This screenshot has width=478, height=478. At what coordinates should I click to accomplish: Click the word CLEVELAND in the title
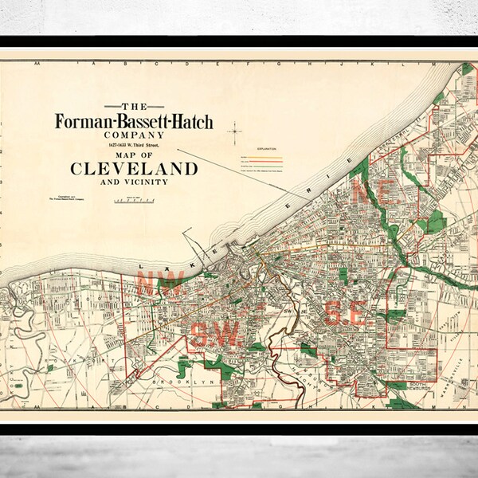click(135, 168)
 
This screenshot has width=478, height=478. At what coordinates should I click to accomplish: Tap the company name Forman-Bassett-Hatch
click(135, 122)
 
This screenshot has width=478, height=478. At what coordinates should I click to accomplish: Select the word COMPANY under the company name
click(135, 135)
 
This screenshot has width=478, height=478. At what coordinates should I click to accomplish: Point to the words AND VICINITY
click(135, 182)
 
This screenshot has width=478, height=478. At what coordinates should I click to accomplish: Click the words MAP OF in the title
click(135, 155)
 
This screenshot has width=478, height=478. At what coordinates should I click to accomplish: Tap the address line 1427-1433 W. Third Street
click(135, 145)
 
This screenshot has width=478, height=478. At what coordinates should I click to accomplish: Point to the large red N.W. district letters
click(160, 282)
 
